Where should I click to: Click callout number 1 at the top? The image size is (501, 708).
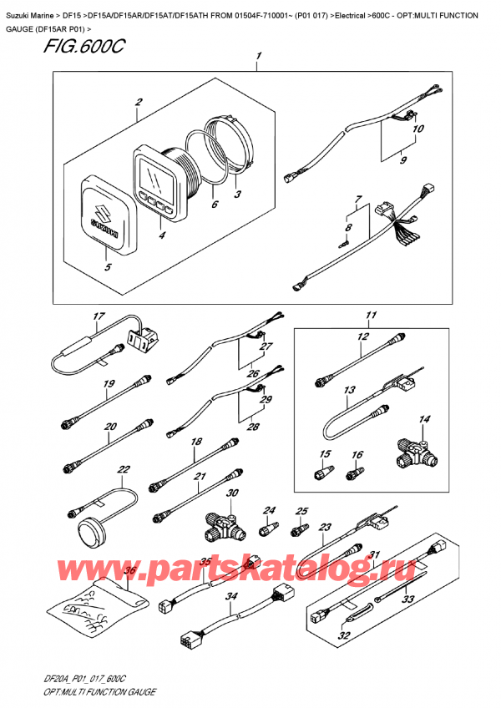pos(259,57)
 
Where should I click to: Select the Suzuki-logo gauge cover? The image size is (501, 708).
pos(105,216)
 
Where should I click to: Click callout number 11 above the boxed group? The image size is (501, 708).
pos(367,316)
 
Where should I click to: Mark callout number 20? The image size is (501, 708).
pos(109,426)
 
